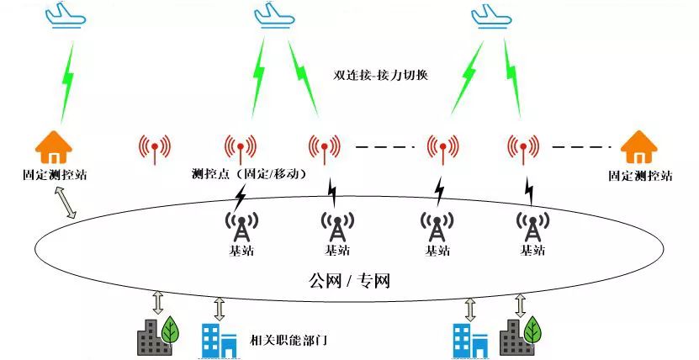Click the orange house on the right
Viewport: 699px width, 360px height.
639,146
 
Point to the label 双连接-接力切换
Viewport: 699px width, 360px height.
381,75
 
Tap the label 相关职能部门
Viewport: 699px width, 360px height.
289,341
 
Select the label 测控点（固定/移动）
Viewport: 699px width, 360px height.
249,174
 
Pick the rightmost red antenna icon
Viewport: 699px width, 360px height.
522,149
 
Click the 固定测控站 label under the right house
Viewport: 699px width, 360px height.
640,177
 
